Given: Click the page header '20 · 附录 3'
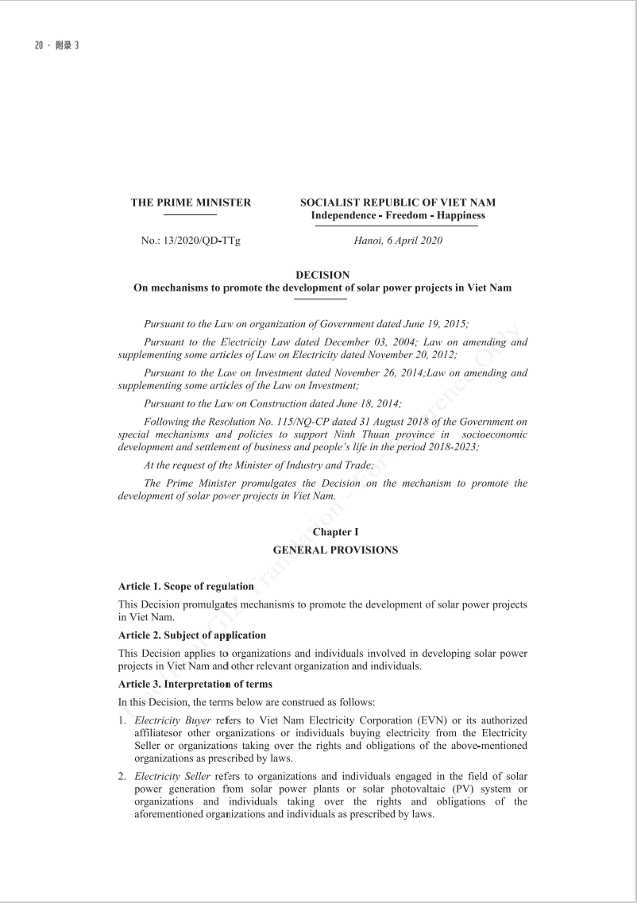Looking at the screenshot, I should [x=56, y=45].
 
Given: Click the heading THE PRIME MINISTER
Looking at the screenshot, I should [x=191, y=203].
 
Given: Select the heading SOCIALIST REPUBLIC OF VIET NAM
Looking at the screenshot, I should [x=398, y=203].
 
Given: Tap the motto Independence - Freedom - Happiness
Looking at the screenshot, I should [x=398, y=215].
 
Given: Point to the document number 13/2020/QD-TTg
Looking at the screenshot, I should [x=201, y=241].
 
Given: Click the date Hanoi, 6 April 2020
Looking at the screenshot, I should [x=398, y=241].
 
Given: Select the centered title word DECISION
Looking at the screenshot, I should [x=322, y=275].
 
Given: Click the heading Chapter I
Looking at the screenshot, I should [x=335, y=532].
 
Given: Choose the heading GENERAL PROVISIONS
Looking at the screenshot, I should [x=335, y=550].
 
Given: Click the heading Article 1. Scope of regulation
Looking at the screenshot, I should [x=186, y=586].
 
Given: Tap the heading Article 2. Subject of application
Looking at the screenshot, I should [x=191, y=635].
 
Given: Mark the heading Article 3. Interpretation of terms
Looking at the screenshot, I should [x=195, y=684].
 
